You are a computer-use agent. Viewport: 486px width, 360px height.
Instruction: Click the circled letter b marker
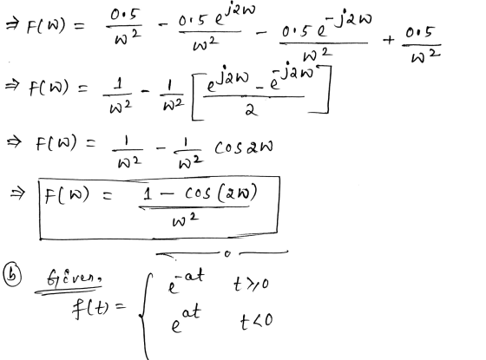tap(12, 275)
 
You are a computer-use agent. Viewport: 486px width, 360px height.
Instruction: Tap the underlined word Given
tap(74, 278)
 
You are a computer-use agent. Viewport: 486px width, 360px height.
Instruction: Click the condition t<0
tap(257, 321)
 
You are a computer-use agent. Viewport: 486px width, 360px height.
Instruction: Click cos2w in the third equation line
tap(244, 147)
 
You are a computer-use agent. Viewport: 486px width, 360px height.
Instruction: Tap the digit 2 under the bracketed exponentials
tap(251, 109)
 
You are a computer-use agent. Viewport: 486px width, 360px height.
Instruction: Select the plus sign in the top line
tap(389, 40)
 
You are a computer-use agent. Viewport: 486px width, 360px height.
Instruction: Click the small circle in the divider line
tap(227, 253)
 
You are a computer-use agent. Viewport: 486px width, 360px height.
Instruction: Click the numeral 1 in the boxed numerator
tap(148, 193)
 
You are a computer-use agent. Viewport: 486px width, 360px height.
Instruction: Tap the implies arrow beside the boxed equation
tap(16, 194)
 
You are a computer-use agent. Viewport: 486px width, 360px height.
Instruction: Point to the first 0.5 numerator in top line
tap(125, 15)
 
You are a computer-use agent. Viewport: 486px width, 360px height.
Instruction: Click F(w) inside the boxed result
tap(67, 195)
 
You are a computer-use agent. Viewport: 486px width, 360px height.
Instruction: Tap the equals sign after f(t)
tap(121, 306)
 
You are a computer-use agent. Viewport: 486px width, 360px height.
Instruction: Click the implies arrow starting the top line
tap(13, 24)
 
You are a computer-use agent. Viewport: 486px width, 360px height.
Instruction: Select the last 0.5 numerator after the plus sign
tap(418, 33)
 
